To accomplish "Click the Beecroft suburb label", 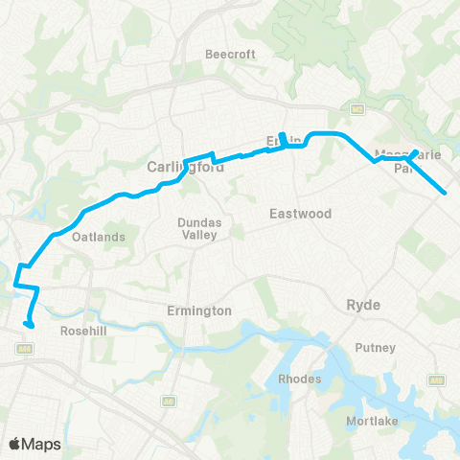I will [231, 55].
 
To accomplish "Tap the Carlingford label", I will [185, 167].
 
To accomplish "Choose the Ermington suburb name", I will [199, 310].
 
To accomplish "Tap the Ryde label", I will [363, 305].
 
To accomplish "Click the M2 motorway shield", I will [356, 108].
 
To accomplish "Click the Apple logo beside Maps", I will [15, 443].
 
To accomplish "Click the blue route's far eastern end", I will [446, 194].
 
